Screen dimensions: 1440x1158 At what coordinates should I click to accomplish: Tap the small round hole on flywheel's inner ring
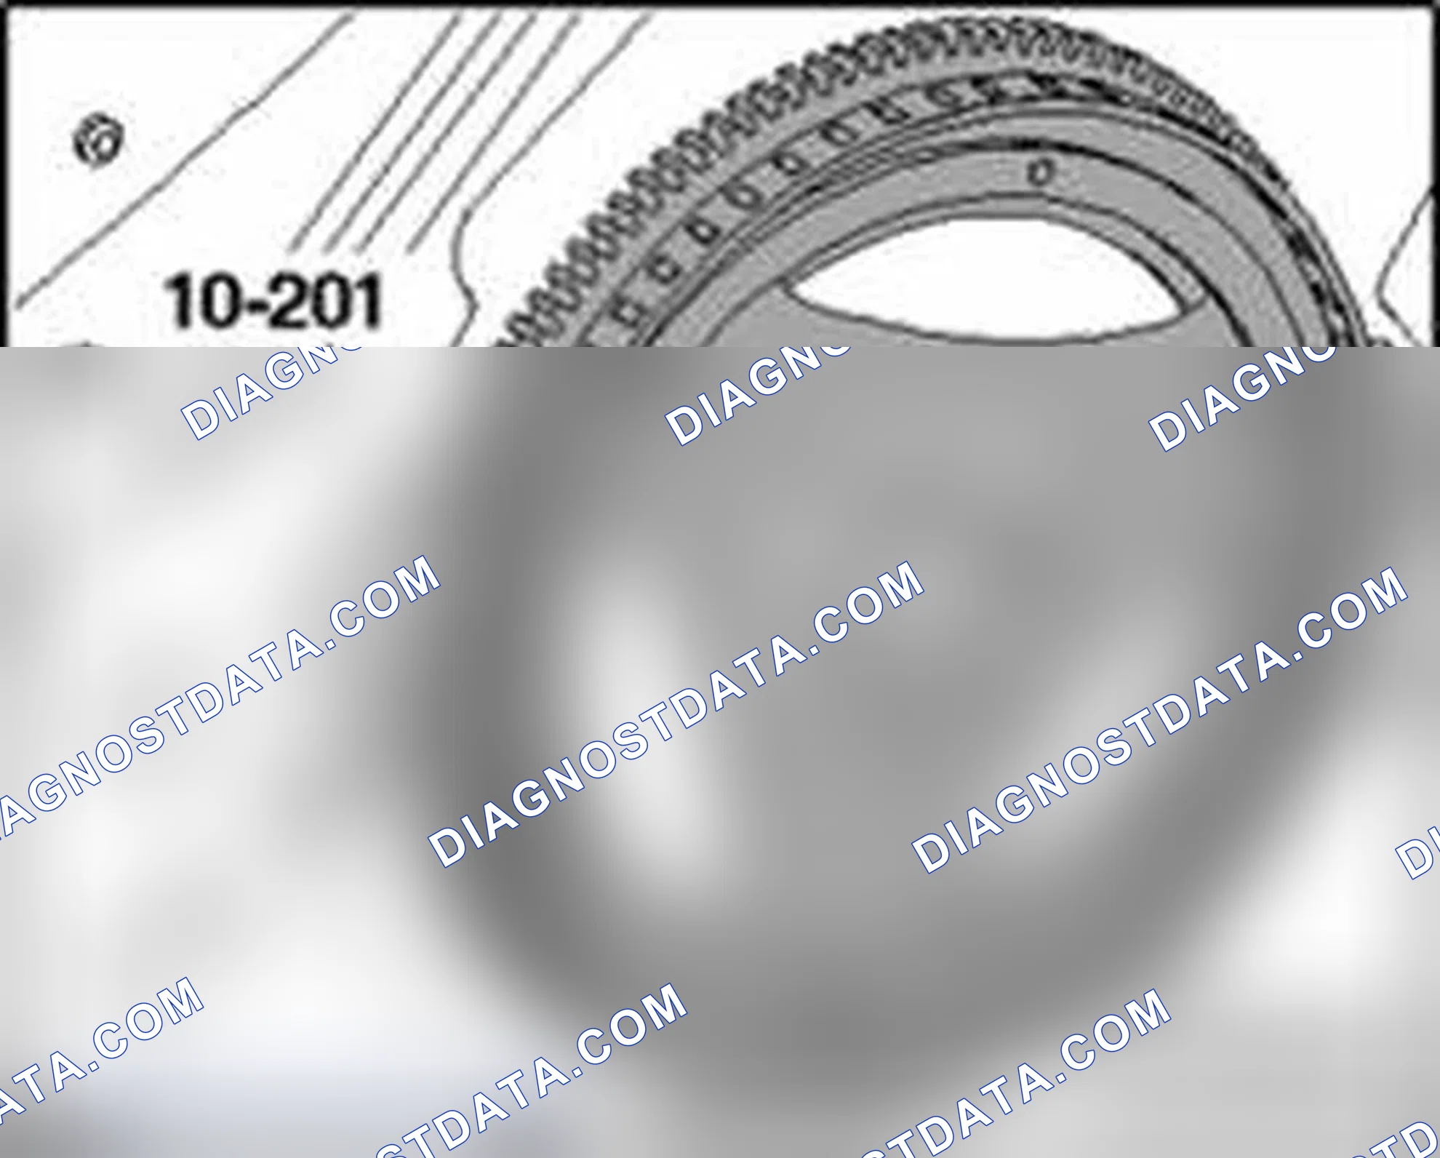pos(1041,173)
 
